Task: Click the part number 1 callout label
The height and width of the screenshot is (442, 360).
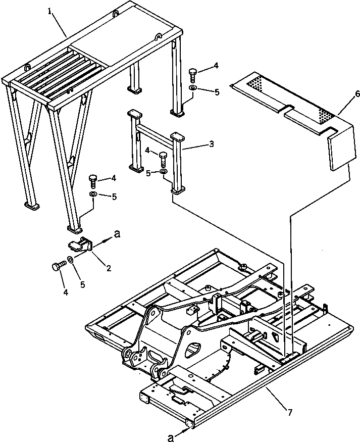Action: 50,11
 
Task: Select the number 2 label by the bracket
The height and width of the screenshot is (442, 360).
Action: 108,268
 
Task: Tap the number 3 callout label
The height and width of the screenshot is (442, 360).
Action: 211,144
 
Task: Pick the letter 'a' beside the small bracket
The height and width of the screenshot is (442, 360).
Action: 118,233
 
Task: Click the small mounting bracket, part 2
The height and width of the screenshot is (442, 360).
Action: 81,245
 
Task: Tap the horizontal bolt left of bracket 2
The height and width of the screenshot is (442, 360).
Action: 57,266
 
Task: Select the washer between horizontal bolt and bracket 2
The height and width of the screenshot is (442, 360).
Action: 71,260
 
